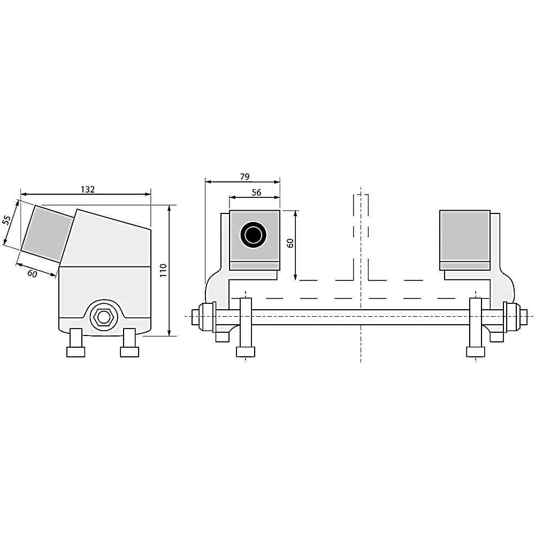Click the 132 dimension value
pyautogui.click(x=87, y=189)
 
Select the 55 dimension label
pyautogui.click(x=6, y=220)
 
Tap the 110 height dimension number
pyautogui.click(x=163, y=270)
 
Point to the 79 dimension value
pyautogui.click(x=244, y=177)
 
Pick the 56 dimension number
pyautogui.click(x=256, y=193)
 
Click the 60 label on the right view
pyautogui.click(x=290, y=243)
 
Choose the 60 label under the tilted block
pyautogui.click(x=32, y=273)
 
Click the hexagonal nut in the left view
pyautogui.click(x=102, y=317)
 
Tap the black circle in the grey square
pyautogui.click(x=253, y=235)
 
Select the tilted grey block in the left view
pyautogui.click(x=47, y=234)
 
